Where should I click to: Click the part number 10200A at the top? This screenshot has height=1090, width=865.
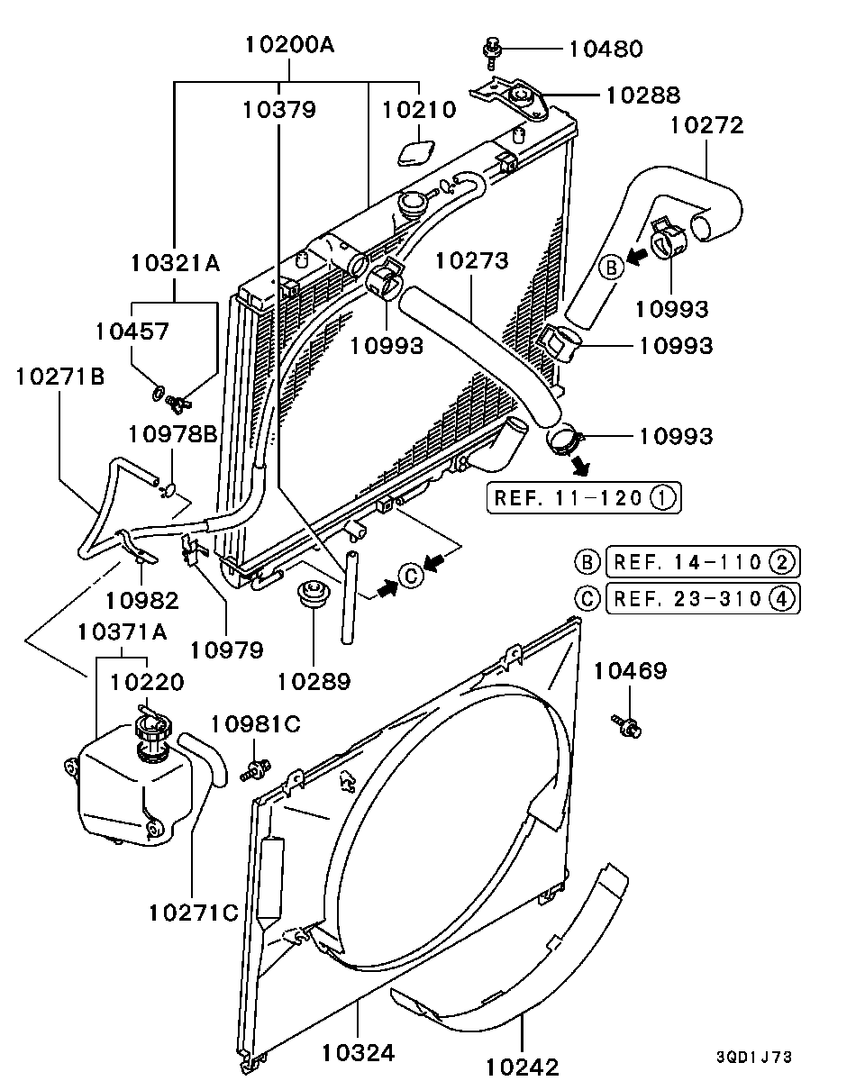tap(289, 43)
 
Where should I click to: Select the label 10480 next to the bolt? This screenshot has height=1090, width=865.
tap(605, 49)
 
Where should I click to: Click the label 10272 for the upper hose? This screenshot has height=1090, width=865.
tap(706, 125)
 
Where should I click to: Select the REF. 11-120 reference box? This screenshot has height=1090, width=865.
tap(584, 497)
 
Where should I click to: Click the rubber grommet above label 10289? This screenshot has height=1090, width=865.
tap(313, 595)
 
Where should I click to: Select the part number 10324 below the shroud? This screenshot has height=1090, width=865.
tap(358, 1052)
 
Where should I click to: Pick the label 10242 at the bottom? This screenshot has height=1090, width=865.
tap(522, 1067)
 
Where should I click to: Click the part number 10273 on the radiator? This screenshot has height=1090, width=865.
tap(471, 261)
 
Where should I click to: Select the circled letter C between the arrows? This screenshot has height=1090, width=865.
tap(410, 574)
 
